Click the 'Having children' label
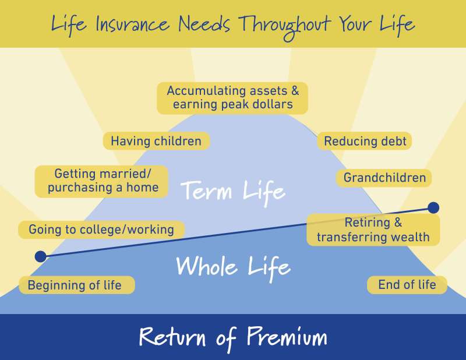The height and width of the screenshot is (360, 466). tap(156, 141)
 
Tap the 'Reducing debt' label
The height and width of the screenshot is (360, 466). tap(365, 141)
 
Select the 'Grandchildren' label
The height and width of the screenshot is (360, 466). tap(384, 178)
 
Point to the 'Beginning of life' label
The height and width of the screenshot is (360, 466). tap(77, 285)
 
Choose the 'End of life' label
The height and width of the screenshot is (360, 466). tap(407, 285)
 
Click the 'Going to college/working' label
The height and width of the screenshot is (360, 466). tap(101, 230)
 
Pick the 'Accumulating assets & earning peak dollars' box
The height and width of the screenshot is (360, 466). tap(232, 98)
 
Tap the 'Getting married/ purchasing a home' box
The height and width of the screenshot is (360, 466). tap(101, 181)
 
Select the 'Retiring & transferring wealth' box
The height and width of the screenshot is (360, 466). tap(373, 230)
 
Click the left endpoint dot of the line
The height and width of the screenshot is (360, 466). tap(41, 256)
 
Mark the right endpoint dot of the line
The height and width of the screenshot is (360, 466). tap(433, 207)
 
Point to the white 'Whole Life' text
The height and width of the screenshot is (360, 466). tap(234, 266)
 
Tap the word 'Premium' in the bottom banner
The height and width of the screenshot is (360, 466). tap(287, 337)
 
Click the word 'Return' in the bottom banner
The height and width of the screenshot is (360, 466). tap(172, 337)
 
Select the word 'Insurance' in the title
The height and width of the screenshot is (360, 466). tap(133, 23)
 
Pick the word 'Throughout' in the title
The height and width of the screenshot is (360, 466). tap(285, 25)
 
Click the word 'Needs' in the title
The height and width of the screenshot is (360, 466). tap(204, 23)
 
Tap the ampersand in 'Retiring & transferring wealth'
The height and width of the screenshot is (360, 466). tap(398, 223)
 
